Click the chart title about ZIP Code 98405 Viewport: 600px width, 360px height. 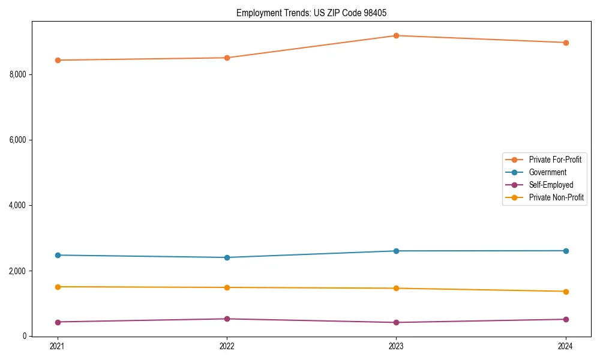(x=315, y=13)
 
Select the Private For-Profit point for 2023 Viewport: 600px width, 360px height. (x=396, y=35)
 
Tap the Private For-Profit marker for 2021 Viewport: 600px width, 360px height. (x=58, y=60)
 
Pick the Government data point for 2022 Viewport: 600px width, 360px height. (x=227, y=257)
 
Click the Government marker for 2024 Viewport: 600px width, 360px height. (x=566, y=251)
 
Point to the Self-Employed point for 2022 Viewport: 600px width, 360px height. (x=227, y=319)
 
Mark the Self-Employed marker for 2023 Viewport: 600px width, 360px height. (x=396, y=322)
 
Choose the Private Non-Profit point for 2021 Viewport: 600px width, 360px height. (x=58, y=287)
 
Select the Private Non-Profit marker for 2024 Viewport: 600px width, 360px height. (x=566, y=292)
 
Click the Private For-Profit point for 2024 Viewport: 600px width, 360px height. (x=566, y=43)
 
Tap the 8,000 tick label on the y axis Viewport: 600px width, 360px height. (x=18, y=74)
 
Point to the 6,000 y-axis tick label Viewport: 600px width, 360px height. (x=18, y=140)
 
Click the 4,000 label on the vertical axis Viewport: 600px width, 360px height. (x=18, y=205)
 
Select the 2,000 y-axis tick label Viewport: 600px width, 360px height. (x=18, y=271)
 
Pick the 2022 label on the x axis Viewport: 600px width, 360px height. (x=227, y=346)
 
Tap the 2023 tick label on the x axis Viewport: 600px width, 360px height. (x=396, y=346)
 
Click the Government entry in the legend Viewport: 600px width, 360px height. (x=547, y=172)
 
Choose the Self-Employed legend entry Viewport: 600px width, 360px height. (x=551, y=185)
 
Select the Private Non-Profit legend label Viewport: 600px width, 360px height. (x=556, y=197)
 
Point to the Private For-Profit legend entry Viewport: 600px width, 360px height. (x=555, y=160)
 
